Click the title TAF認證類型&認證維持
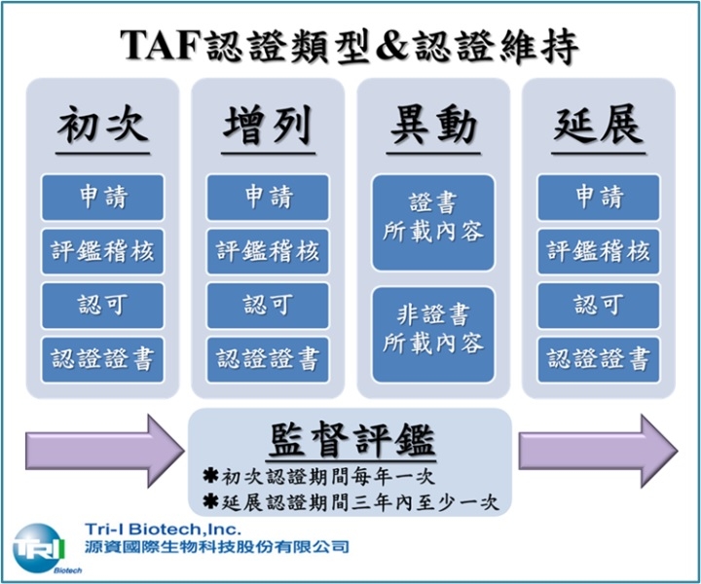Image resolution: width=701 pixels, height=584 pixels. tap(350, 45)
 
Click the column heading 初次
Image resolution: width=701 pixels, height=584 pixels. tap(103, 125)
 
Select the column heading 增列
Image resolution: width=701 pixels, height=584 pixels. tap(269, 125)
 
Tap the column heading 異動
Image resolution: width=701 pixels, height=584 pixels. tap(433, 125)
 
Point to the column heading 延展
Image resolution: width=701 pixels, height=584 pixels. tap(599, 125)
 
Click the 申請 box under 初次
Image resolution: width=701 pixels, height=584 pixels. tap(103, 197)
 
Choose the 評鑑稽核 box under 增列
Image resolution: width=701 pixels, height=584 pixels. tap(269, 251)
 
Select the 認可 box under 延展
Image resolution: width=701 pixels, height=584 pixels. tap(599, 306)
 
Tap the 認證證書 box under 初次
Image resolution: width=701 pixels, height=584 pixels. tap(103, 360)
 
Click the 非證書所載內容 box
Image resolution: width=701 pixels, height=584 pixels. tap(433, 335)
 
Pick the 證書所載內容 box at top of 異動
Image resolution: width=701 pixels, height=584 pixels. tap(433, 223)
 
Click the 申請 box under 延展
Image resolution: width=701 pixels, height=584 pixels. tap(599, 197)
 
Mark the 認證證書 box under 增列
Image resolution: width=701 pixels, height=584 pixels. tap(269, 360)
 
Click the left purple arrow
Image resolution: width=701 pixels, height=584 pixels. tap(104, 451)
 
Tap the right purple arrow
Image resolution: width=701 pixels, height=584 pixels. tap(598, 451)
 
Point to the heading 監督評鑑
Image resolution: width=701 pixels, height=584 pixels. tap(351, 440)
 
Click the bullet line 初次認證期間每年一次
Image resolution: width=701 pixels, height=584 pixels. tap(318, 476)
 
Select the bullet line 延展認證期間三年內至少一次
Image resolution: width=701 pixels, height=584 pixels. tap(350, 502)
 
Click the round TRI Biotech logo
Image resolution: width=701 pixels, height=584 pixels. tap(39, 548)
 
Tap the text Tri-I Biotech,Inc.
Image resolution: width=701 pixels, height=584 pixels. tap(163, 529)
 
